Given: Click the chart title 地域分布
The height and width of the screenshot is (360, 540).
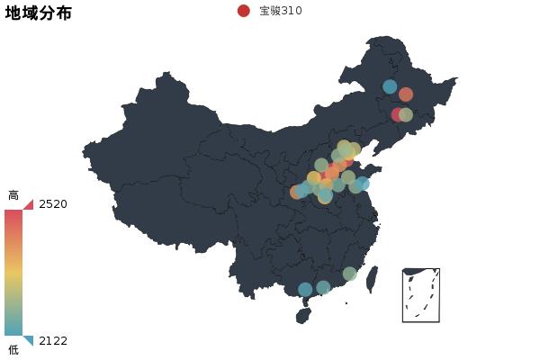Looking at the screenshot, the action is click(x=39, y=13).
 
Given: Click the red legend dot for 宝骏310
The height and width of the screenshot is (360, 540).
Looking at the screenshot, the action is click(x=243, y=11).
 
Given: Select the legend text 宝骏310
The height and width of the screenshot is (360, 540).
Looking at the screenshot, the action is click(x=281, y=11).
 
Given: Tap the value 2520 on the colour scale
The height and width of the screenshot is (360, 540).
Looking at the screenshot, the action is click(x=53, y=204).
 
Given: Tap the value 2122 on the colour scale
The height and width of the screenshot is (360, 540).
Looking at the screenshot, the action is click(x=53, y=341).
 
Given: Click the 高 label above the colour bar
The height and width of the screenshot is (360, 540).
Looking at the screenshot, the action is click(x=13, y=195).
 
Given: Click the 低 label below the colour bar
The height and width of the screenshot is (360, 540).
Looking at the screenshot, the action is click(x=13, y=349).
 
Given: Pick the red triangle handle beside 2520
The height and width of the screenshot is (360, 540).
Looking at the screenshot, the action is click(x=29, y=204).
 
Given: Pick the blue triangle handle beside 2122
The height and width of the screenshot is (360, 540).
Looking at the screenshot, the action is click(x=29, y=340).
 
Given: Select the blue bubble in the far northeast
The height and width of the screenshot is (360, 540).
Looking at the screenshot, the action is click(x=390, y=86).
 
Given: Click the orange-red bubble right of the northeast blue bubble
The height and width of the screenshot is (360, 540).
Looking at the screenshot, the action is click(x=406, y=94).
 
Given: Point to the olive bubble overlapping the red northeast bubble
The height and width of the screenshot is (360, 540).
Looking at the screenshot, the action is click(x=406, y=115).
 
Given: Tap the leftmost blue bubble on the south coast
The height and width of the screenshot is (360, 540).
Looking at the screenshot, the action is click(x=305, y=290).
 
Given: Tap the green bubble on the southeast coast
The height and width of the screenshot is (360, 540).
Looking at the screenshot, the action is click(x=349, y=274).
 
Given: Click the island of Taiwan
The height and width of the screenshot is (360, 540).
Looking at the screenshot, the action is click(x=372, y=279).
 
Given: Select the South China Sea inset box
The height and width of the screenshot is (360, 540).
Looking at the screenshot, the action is click(x=421, y=295).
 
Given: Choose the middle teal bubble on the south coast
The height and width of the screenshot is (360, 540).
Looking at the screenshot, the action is click(x=323, y=288).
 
